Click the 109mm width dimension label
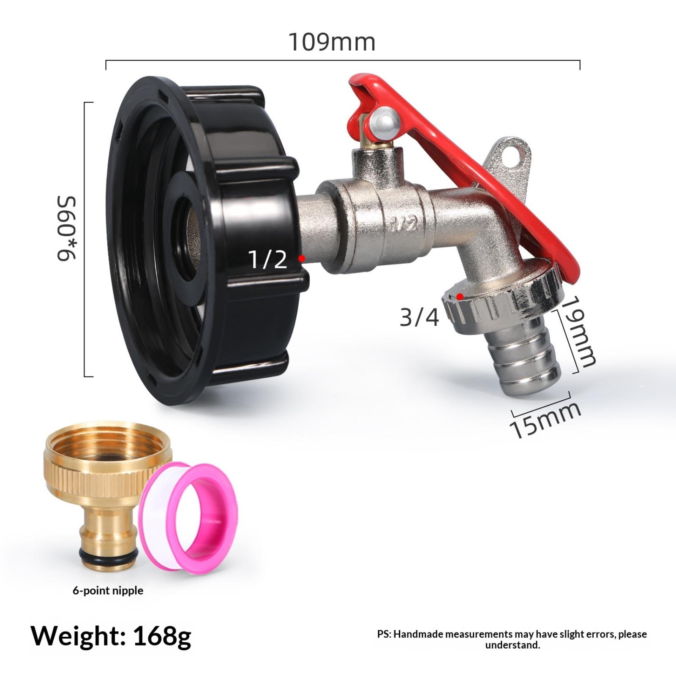(x=332, y=42)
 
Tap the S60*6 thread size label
(x=66, y=228)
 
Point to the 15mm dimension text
(x=545, y=420)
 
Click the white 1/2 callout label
(x=268, y=259)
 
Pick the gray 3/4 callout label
(x=420, y=317)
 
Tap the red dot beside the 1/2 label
(x=302, y=258)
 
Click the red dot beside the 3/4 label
(x=460, y=297)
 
